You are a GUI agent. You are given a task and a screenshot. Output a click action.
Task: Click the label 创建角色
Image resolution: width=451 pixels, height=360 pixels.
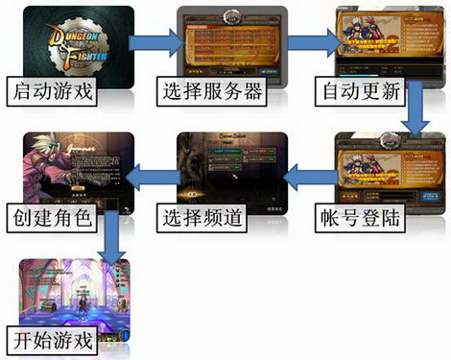tap(49, 216)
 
